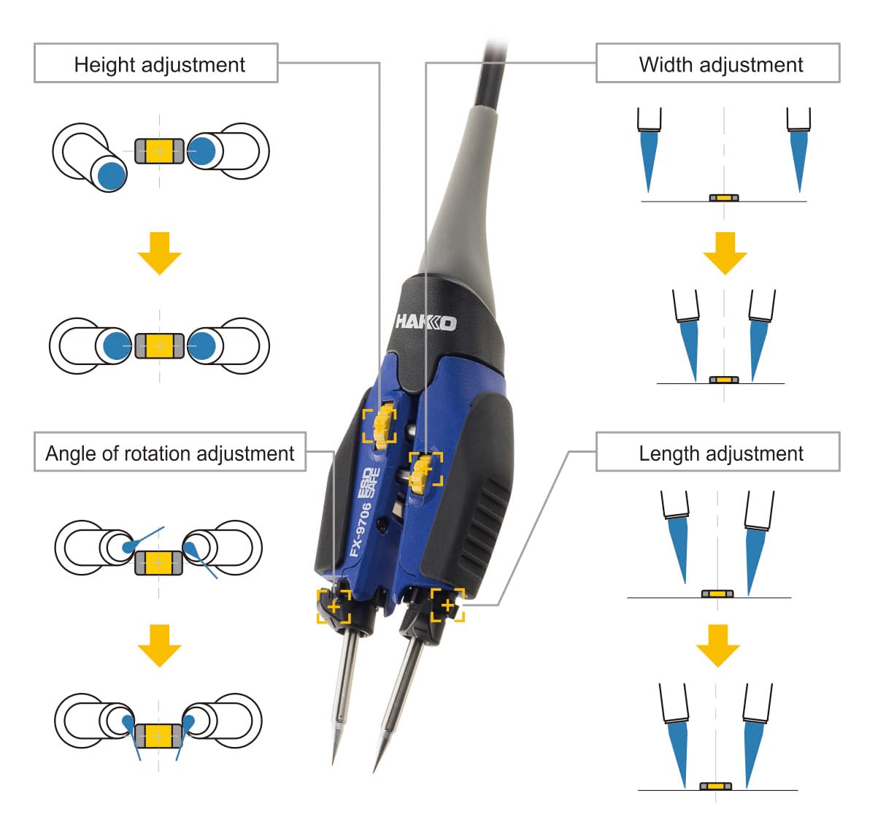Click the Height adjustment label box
point(155,64)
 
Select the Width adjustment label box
point(718,64)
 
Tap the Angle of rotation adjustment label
point(169,453)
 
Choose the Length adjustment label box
point(718,453)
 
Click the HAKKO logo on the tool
point(426,321)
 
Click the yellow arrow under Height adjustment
point(159,253)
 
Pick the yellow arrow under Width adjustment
point(724,253)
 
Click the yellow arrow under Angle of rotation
point(159,645)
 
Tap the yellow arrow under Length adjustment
point(717,645)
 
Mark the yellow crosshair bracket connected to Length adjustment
point(447,605)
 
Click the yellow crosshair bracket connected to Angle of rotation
point(334,606)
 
